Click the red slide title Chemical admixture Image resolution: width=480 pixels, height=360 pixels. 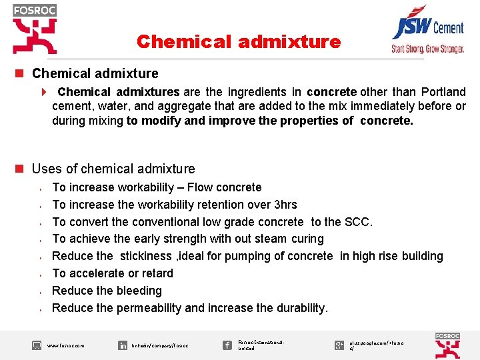coord(238,42)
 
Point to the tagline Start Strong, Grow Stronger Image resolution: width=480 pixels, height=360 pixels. coord(427,49)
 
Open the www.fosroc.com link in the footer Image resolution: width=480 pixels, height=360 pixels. coord(66,346)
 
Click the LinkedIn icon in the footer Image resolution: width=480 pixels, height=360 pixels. coord(123,345)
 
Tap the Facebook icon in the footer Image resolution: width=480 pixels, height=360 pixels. coord(227,345)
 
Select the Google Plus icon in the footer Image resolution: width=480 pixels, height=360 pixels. coord(339,345)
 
